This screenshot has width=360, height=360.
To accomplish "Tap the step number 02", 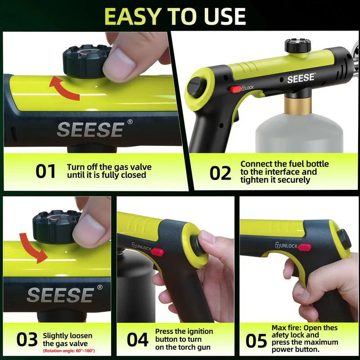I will tap(220, 173).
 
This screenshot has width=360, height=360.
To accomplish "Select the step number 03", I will tap(27, 340).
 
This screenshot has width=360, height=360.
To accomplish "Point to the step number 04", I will tap(137, 340).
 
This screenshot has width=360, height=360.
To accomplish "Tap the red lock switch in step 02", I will tap(235, 89).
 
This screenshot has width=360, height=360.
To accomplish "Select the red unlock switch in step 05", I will tap(304, 247).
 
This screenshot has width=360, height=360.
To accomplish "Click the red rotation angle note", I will tap(69, 351).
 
